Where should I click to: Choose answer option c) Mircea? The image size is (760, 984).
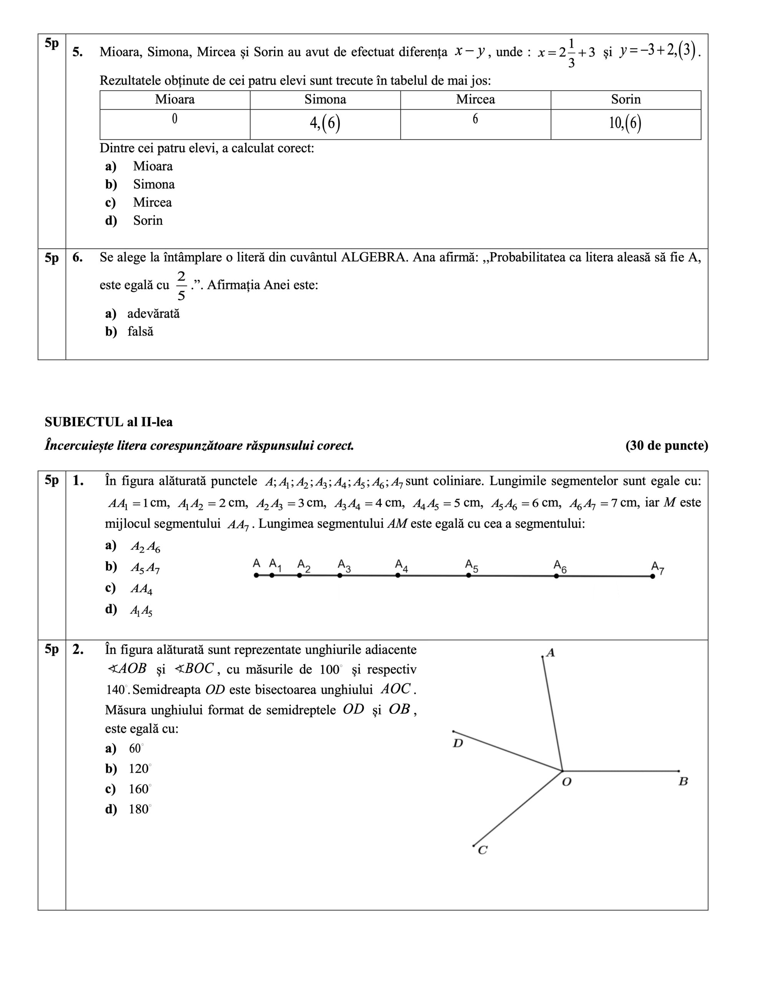pyautogui.click(x=152, y=203)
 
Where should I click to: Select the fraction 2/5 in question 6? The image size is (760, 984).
pyautogui.click(x=181, y=286)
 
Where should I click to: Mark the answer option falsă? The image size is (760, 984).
pyautogui.click(x=140, y=332)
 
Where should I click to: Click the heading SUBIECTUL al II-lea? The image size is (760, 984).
pyautogui.click(x=109, y=422)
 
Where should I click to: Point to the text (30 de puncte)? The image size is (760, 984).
pyautogui.click(x=666, y=445)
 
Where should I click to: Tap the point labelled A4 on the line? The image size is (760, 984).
pyautogui.click(x=398, y=575)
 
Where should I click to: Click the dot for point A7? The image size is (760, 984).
pyautogui.click(x=652, y=576)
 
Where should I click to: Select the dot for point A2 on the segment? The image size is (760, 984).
pyautogui.click(x=299, y=575)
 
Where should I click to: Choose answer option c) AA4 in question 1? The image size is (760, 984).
pyautogui.click(x=141, y=589)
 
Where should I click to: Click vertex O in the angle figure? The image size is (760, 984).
pyautogui.click(x=562, y=771)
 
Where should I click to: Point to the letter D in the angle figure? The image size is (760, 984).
pyautogui.click(x=458, y=743)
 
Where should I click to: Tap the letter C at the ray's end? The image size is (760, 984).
pyautogui.click(x=483, y=850)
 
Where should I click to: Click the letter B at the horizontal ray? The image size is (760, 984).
pyautogui.click(x=683, y=782)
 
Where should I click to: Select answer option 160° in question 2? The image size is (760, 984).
pyautogui.click(x=139, y=789)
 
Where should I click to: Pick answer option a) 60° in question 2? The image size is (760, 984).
pyautogui.click(x=136, y=748)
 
